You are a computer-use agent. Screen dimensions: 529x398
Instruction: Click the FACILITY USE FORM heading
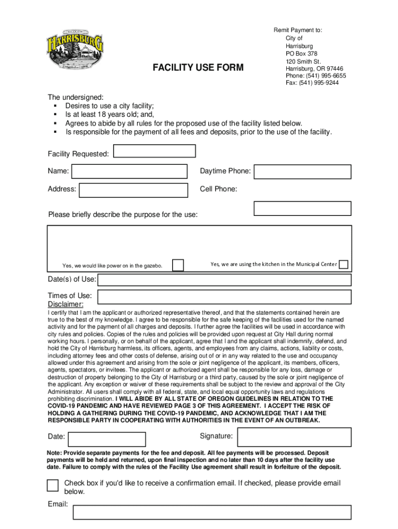pyautogui.click(x=197, y=68)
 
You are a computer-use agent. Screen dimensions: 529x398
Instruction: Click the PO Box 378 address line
pyautogui.click(x=301, y=54)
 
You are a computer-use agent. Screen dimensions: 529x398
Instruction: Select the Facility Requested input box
pyautogui.click(x=155, y=151)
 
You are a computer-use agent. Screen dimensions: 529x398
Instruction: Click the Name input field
pyautogui.click(x=129, y=172)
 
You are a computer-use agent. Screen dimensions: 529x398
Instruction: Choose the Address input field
pyautogui.click(x=133, y=190)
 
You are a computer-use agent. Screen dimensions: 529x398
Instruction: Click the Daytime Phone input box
pyautogui.click(x=302, y=172)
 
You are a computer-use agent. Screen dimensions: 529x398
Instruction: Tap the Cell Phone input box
pyautogui.click(x=302, y=208)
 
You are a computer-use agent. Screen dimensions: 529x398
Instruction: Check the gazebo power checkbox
pyautogui.click(x=178, y=265)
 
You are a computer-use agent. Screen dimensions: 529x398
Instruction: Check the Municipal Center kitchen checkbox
pyautogui.click(x=343, y=264)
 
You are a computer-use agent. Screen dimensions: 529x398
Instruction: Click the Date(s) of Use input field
pyautogui.click(x=224, y=280)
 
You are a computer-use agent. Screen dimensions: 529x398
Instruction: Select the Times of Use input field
pyautogui.click(x=224, y=297)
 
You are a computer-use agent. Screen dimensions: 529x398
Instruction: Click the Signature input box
pyautogui.click(x=294, y=437)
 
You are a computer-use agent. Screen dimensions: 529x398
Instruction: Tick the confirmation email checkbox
pyautogui.click(x=53, y=486)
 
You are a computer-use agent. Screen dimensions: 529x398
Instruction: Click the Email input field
pyautogui.click(x=212, y=512)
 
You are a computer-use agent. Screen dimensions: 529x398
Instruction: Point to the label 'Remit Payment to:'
pyautogui.click(x=298, y=30)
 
